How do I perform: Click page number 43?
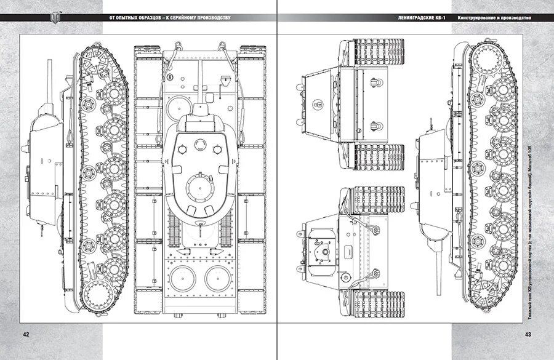click(x=528, y=334)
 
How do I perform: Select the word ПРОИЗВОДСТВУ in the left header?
click(x=210, y=17)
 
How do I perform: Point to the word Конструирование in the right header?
click(x=476, y=17)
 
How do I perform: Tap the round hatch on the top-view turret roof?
click(x=199, y=186)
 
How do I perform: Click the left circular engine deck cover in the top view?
click(x=181, y=278)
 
